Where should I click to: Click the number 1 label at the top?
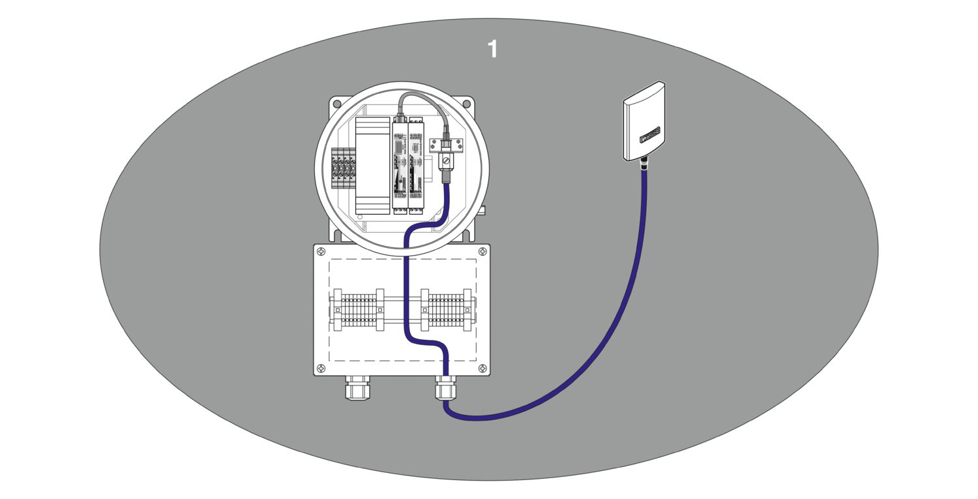[493, 49]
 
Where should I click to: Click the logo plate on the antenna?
[651, 136]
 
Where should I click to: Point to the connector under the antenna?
[645, 164]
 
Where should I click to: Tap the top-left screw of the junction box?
[321, 252]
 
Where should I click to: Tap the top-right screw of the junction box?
[482, 252]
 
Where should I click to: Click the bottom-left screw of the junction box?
[321, 369]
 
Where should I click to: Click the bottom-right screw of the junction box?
[482, 369]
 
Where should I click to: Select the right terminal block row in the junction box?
[446, 310]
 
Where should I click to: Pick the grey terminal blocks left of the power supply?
[344, 168]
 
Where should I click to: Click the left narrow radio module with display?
[399, 163]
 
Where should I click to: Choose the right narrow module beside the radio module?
[416, 163]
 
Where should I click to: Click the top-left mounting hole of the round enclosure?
[336, 103]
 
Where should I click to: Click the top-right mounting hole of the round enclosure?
[466, 103]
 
